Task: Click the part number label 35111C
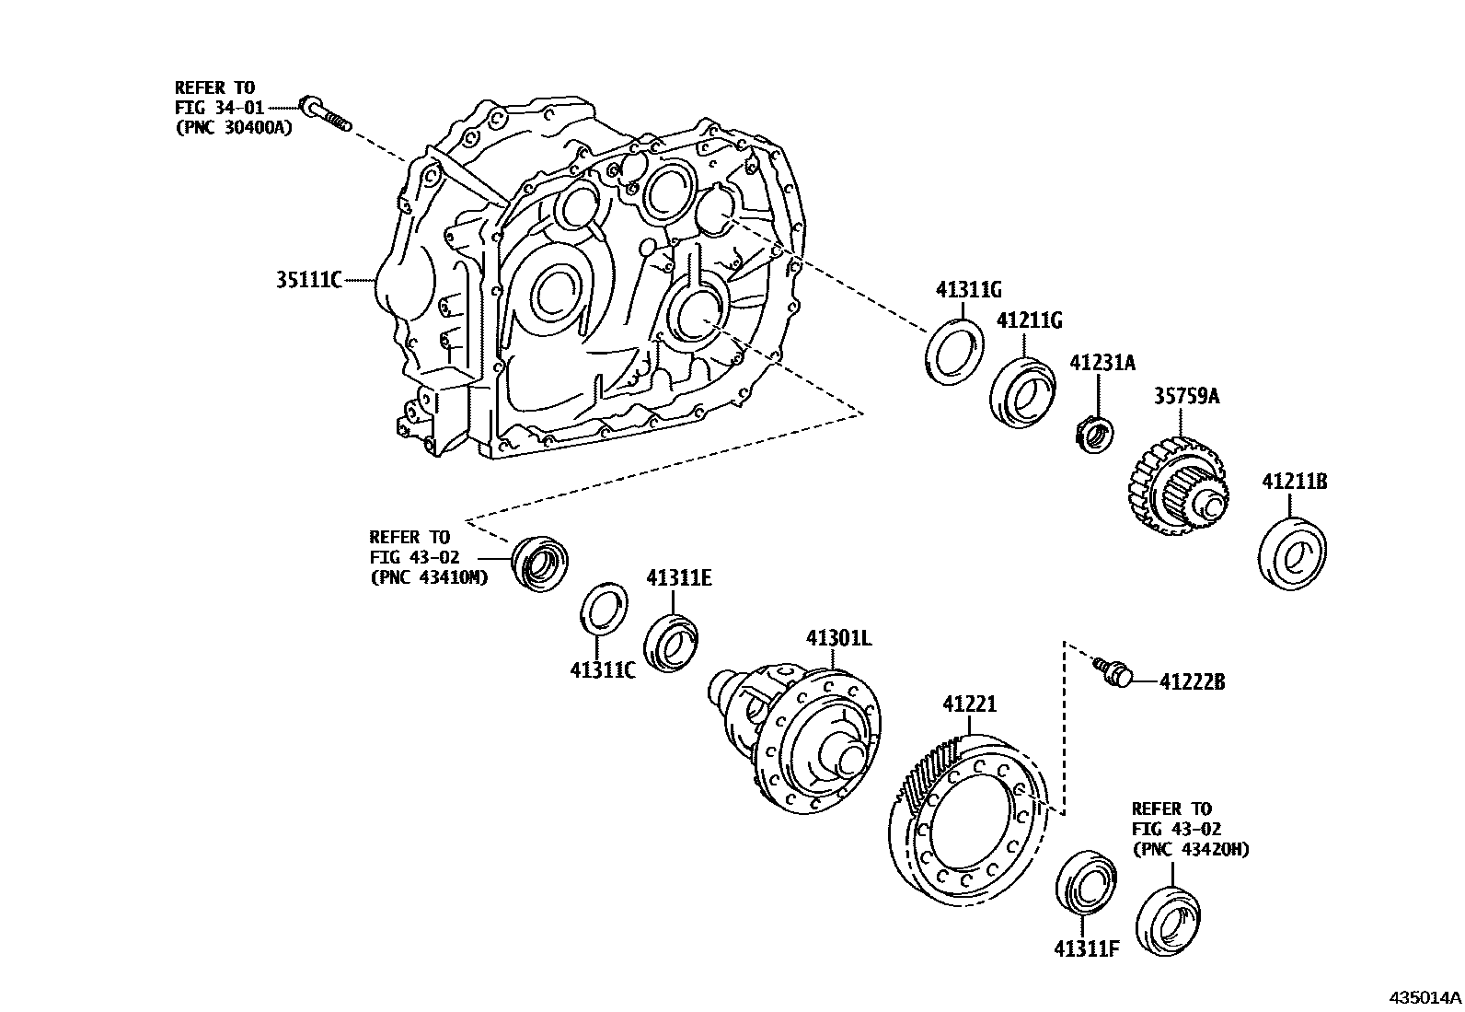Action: click(x=308, y=279)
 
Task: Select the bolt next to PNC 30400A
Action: click(x=327, y=114)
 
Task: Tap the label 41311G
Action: click(x=968, y=290)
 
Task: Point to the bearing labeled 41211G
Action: click(x=1022, y=391)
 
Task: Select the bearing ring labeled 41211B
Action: click(x=1291, y=555)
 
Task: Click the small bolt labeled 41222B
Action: click(x=1116, y=672)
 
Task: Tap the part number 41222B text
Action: click(x=1192, y=682)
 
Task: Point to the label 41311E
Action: click(x=678, y=578)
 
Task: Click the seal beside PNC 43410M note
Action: click(x=539, y=562)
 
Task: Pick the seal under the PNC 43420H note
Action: click(x=1169, y=921)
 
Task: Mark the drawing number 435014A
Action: click(x=1425, y=997)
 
